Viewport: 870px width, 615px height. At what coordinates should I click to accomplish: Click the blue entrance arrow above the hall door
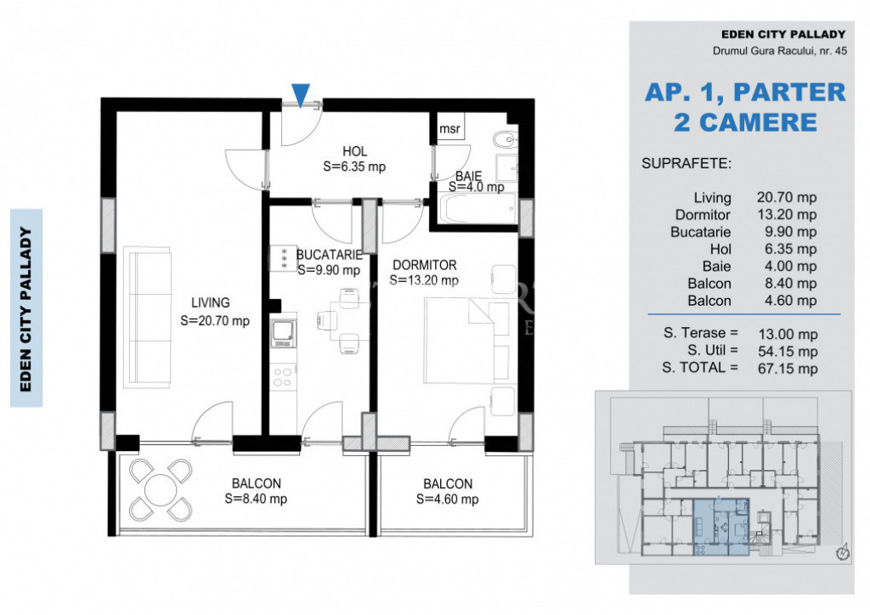click(x=301, y=95)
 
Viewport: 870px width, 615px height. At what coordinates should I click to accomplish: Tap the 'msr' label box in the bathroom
click(x=450, y=128)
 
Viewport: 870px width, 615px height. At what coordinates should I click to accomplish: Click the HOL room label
click(x=354, y=151)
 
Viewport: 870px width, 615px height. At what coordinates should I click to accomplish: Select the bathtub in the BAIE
click(x=477, y=208)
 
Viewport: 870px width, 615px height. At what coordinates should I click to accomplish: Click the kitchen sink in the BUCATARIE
click(x=283, y=332)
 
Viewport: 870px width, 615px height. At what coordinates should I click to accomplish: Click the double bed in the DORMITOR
click(x=466, y=341)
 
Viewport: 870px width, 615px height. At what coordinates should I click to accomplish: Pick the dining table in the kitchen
click(x=342, y=319)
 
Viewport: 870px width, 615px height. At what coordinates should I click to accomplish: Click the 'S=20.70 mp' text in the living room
click(x=215, y=320)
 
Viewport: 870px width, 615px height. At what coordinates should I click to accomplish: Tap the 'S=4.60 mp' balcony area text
click(x=447, y=499)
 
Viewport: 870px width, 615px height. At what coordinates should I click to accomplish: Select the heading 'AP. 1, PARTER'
click(x=745, y=93)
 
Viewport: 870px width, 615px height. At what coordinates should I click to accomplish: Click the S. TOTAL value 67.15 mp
click(x=788, y=369)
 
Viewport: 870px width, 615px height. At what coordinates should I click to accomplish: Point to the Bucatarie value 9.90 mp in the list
click(x=791, y=232)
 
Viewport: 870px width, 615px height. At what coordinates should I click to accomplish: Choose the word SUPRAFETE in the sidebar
click(x=686, y=164)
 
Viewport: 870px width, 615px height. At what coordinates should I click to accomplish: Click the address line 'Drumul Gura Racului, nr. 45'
click(x=780, y=51)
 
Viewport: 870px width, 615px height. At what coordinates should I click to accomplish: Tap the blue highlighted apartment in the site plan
click(x=720, y=527)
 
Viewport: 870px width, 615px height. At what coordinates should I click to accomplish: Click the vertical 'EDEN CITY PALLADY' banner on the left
click(x=26, y=308)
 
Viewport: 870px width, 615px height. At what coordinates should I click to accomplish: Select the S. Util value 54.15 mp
click(x=788, y=352)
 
